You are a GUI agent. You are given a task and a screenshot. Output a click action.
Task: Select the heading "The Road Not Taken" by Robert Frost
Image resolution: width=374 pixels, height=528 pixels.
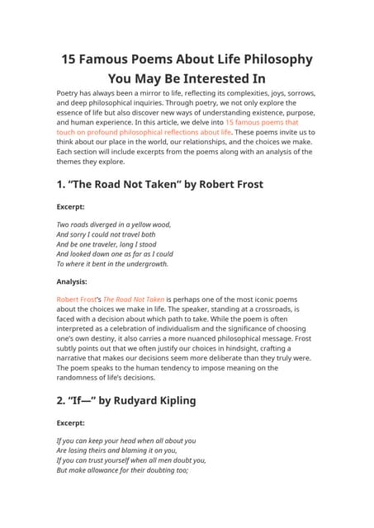159,184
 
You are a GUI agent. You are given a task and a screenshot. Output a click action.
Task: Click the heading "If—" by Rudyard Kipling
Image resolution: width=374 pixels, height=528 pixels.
125,401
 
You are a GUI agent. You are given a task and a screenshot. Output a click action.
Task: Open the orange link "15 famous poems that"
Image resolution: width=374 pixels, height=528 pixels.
262,121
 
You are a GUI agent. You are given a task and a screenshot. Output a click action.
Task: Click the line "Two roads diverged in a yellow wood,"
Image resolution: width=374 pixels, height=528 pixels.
113,224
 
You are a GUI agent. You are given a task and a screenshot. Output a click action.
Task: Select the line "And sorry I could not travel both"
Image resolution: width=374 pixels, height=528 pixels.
106,234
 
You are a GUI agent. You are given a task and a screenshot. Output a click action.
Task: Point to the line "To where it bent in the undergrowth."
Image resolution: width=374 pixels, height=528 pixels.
112,264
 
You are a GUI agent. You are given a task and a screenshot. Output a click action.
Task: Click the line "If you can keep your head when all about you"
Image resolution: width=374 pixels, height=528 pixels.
125,441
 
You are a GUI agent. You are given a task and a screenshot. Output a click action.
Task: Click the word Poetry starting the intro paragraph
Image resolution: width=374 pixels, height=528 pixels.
69,92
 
